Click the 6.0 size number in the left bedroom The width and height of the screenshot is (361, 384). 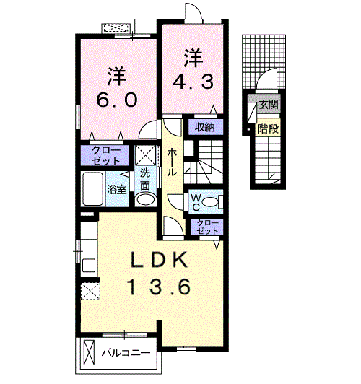click(x=116, y=100)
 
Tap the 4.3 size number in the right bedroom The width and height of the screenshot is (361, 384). click(x=193, y=82)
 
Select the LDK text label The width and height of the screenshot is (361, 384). click(x=160, y=260)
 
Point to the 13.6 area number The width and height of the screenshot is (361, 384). click(x=159, y=287)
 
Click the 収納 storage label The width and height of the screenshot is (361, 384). click(x=205, y=127)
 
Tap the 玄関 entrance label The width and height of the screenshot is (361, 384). click(x=269, y=105)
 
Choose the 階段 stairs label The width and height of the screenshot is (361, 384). click(x=269, y=128)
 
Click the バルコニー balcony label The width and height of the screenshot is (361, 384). click(x=126, y=353)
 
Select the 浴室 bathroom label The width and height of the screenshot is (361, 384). click(x=117, y=189)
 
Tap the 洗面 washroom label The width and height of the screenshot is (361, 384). click(x=145, y=180)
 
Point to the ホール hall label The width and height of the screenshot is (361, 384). click(x=172, y=162)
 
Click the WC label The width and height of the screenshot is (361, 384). click(x=196, y=202)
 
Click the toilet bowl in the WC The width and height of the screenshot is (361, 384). click(x=211, y=202)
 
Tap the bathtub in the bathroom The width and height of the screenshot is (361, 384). click(x=92, y=189)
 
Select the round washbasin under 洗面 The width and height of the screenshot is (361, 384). click(x=146, y=199)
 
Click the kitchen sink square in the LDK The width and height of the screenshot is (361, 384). click(x=89, y=265)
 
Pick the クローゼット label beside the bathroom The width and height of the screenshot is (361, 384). click(x=105, y=155)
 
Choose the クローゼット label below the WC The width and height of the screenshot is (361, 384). click(x=207, y=227)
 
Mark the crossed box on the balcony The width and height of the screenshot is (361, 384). click(x=89, y=352)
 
